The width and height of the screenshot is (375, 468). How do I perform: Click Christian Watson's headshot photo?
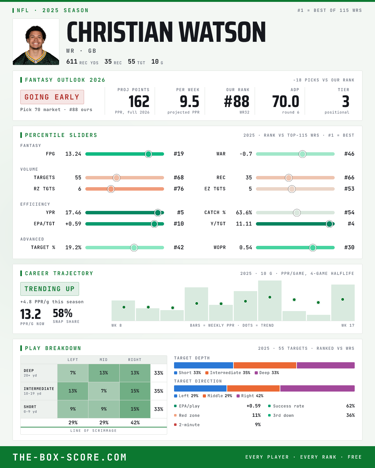[x=36, y=42]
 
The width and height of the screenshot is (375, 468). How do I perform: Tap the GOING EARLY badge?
[x=52, y=97]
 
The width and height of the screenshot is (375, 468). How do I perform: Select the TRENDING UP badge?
[x=50, y=289]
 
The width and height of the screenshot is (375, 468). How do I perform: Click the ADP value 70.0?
[x=286, y=102]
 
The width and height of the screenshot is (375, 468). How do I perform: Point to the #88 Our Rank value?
[x=237, y=102]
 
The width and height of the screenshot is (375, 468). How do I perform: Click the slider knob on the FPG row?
[x=148, y=154]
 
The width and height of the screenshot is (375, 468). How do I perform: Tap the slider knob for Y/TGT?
[x=329, y=224]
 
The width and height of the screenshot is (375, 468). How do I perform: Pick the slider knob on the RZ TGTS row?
[x=111, y=189]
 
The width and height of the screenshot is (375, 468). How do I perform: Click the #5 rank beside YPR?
[x=180, y=212]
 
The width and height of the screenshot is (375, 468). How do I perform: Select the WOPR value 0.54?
[x=246, y=247]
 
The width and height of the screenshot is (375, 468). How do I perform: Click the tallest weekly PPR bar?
[x=270, y=300]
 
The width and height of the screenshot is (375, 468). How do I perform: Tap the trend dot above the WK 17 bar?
[x=342, y=300]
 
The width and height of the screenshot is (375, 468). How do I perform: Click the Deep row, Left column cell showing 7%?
[x=73, y=373]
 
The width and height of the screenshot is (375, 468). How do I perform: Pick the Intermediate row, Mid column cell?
[x=104, y=391]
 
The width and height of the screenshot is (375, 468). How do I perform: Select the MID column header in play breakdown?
[x=103, y=360]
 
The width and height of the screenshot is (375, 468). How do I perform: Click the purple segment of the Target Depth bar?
[x=326, y=365]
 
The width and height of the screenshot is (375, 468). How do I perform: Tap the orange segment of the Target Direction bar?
[x=253, y=388]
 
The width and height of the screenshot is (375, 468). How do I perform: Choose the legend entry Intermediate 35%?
[x=228, y=373]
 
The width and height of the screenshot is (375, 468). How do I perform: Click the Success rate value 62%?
[x=350, y=406]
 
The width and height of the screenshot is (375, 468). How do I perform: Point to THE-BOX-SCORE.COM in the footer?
[x=69, y=457]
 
